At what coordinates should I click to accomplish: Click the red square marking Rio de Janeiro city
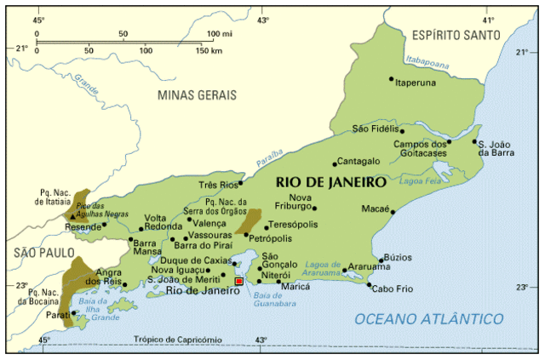click(238, 280)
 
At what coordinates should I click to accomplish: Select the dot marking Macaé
click(393, 213)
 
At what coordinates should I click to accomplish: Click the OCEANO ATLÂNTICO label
click(428, 318)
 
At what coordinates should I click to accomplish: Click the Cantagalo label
click(359, 161)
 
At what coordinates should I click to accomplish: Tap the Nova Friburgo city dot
click(314, 208)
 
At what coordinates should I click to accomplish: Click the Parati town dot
click(74, 312)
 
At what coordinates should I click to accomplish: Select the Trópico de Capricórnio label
click(177, 340)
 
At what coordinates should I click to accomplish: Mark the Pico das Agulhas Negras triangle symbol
click(72, 216)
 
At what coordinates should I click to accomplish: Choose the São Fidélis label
click(376, 129)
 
